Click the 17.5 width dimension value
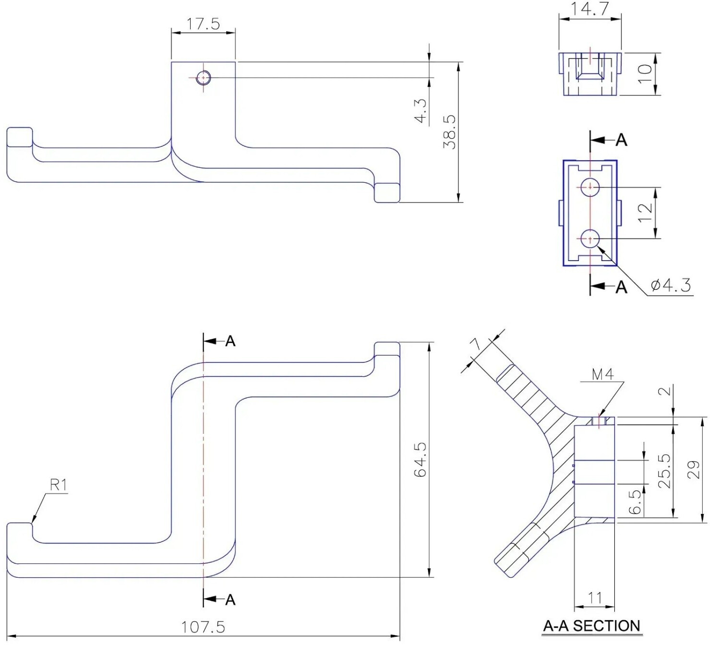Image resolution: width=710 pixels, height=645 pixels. pyautogui.click(x=203, y=24)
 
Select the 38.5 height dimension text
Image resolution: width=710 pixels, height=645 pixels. pyautogui.click(x=450, y=132)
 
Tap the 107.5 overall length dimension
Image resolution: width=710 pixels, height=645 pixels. pyautogui.click(x=203, y=627)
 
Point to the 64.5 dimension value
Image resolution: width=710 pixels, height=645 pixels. pyautogui.click(x=421, y=460)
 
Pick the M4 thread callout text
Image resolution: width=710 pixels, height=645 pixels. pyautogui.click(x=602, y=374)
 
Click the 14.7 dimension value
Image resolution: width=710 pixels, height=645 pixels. pyautogui.click(x=589, y=9)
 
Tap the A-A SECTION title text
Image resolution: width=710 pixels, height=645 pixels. pyautogui.click(x=592, y=625)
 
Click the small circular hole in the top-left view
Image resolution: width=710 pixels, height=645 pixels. pyautogui.click(x=204, y=77)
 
